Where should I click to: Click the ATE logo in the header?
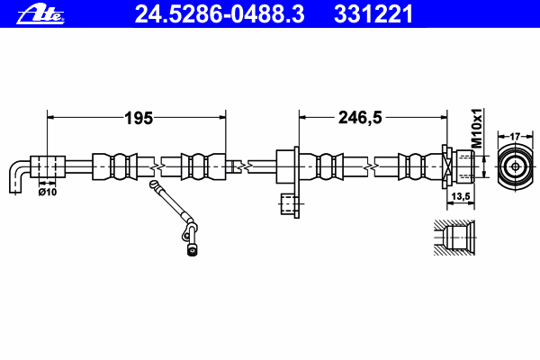pos(40,14)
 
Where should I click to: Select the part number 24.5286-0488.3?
pos(220,14)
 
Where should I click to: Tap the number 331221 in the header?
pos(373,14)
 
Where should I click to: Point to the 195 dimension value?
pos(139,118)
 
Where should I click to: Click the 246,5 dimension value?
pos(360,118)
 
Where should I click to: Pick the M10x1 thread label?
pos(477,128)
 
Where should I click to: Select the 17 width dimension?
pos(515,137)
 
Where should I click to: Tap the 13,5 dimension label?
pos(461,196)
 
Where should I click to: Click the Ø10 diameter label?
pos(48,192)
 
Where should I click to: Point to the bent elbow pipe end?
pos(20,176)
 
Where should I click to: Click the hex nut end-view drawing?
pos(515,167)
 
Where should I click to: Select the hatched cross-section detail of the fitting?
pos(454,238)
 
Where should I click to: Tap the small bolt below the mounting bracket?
pos(289,204)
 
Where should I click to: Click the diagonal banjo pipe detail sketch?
pos(174,218)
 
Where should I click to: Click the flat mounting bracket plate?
pos(296,182)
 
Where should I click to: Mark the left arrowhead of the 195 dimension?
pos(50,118)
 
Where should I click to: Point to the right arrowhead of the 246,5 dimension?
pos(444,118)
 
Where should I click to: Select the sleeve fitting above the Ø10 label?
pos(48,167)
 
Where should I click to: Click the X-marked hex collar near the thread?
pos(447,167)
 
